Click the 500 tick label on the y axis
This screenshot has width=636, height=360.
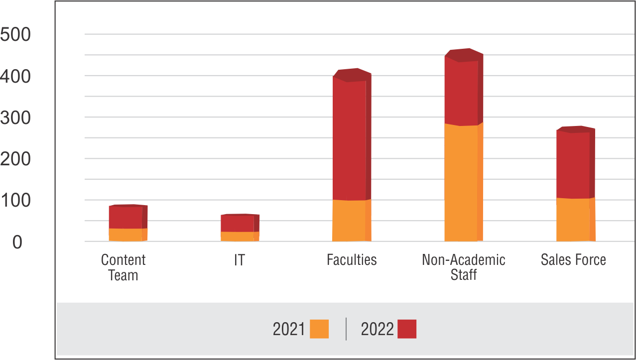click(15, 35)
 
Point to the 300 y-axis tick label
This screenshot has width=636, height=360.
click(15, 119)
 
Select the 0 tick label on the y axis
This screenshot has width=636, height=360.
click(17, 242)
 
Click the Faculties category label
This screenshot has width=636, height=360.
click(352, 259)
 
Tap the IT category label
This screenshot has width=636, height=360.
click(240, 259)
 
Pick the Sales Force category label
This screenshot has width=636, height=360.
click(573, 259)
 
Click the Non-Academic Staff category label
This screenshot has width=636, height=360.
click(464, 267)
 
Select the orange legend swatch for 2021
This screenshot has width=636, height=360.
click(319, 329)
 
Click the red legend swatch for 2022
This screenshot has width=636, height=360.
click(407, 329)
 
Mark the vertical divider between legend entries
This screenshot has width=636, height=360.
click(346, 329)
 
